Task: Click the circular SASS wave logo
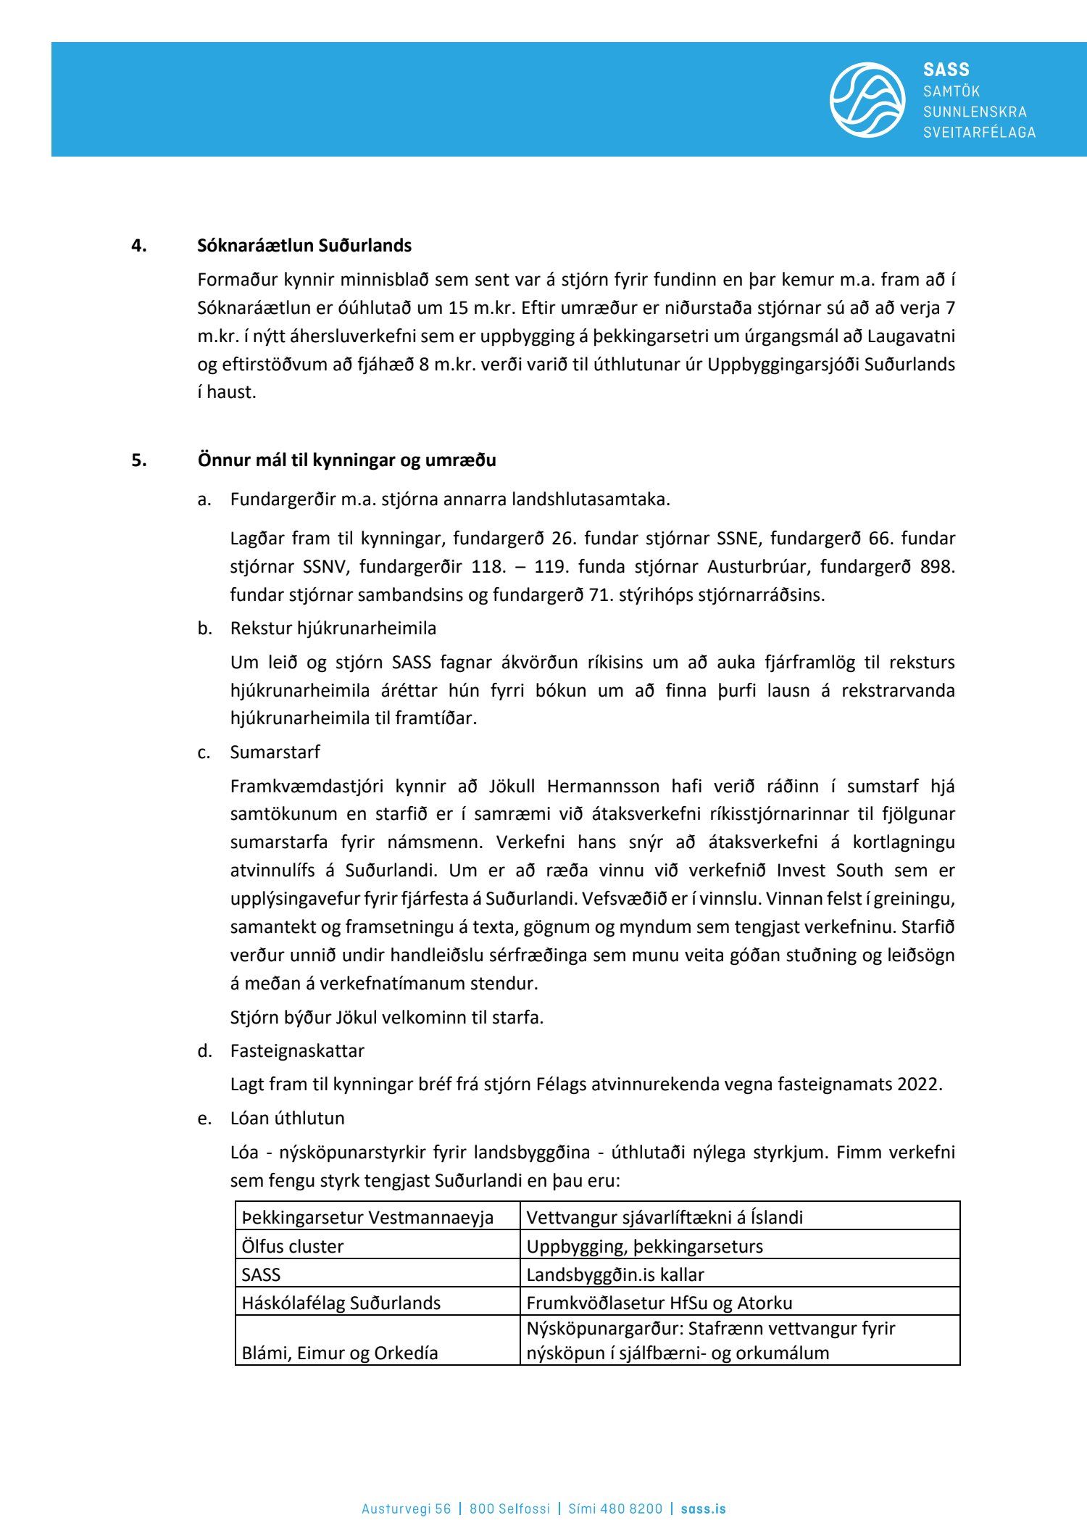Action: click(867, 99)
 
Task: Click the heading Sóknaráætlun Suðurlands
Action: click(304, 246)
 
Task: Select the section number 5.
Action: click(138, 460)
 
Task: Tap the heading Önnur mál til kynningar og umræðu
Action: click(346, 460)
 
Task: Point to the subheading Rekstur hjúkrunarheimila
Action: click(333, 628)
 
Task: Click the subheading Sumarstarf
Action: click(275, 752)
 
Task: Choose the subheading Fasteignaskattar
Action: click(297, 1050)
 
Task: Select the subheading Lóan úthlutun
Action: click(287, 1118)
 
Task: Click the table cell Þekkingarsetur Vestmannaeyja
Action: click(367, 1217)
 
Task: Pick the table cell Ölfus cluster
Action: click(293, 1246)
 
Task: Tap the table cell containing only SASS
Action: click(261, 1274)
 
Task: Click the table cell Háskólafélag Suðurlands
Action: click(341, 1303)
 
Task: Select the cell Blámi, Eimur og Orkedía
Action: click(340, 1353)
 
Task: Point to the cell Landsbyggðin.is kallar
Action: click(615, 1274)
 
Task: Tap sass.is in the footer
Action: click(704, 1488)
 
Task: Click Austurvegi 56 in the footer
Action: click(406, 1488)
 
